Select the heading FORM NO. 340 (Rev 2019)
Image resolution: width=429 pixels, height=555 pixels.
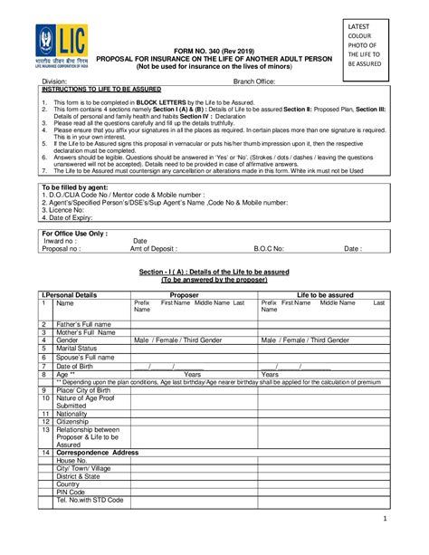214,53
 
